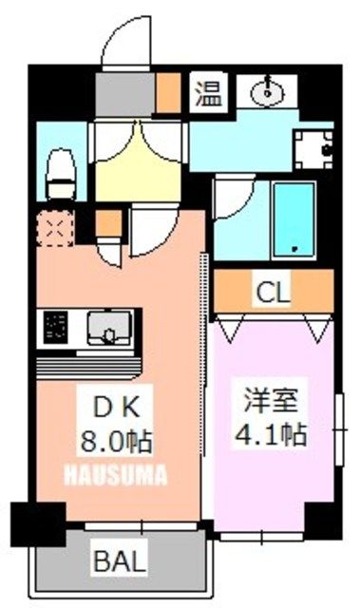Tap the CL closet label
point(274,292)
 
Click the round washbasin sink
point(269,92)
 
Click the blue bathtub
point(294,218)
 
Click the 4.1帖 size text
point(275,435)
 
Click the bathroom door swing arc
point(228,199)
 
